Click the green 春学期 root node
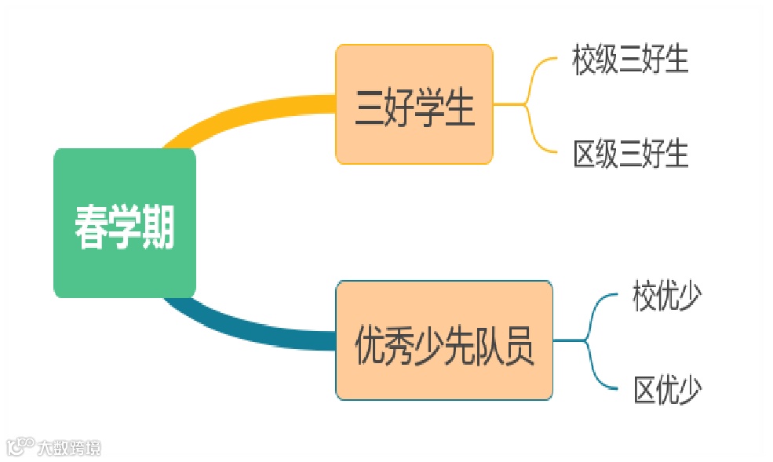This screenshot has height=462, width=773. (x=124, y=224)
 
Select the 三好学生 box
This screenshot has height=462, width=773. (x=414, y=104)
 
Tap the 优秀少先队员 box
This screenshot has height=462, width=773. (x=444, y=340)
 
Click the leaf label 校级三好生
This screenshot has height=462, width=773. (x=630, y=60)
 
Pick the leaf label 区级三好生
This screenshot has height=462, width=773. (x=630, y=153)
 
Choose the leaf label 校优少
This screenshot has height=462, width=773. (x=667, y=298)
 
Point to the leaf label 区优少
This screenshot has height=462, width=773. (x=667, y=389)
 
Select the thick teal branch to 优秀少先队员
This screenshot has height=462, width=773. (x=251, y=329)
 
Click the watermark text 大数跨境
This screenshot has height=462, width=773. (x=69, y=448)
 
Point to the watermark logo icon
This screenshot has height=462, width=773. (x=20, y=447)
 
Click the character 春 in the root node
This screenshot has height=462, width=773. (x=90, y=228)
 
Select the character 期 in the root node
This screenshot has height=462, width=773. (x=158, y=228)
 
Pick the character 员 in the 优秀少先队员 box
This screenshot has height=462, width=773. (x=517, y=345)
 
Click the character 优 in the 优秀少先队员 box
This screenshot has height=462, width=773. (x=370, y=345)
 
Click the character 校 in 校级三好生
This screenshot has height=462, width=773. (x=585, y=60)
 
